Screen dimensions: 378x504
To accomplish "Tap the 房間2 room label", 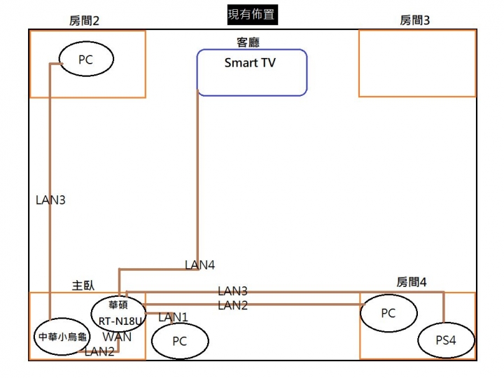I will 85,21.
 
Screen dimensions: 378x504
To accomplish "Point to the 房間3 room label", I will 414,21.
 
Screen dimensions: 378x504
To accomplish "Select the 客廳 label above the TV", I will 249,42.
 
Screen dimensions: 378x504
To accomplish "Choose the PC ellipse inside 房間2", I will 85,60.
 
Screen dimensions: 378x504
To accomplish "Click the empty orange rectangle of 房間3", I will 417,63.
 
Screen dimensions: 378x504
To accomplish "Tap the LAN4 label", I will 199,265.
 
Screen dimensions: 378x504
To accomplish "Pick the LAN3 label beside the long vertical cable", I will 50,200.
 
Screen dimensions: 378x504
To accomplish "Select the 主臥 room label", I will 83,285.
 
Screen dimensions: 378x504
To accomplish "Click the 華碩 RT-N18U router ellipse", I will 118,314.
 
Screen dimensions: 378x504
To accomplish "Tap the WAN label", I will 116,337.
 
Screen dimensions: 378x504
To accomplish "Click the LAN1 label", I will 173,317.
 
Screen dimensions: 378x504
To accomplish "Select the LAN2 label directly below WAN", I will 99,351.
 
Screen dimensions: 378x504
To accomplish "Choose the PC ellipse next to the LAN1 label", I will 179,342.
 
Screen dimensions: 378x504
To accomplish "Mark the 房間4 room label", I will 411,282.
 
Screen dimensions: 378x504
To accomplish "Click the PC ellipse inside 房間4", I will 388,314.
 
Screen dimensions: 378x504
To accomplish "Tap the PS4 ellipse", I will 446,341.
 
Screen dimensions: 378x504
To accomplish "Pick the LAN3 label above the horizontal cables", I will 232,290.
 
